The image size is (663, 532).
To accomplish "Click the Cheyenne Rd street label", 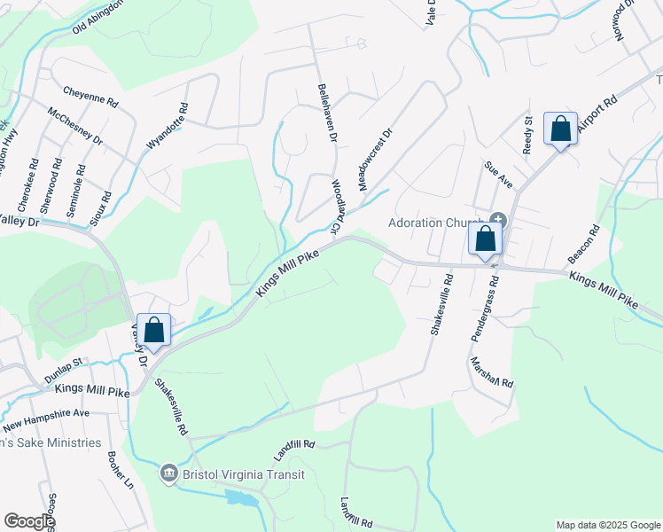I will [x=90, y=97].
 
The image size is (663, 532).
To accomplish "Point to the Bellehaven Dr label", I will [x=327, y=113].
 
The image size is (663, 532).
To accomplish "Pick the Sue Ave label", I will [x=498, y=174].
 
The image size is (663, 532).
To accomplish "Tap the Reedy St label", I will [x=527, y=135].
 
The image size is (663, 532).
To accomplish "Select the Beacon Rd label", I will [x=584, y=243].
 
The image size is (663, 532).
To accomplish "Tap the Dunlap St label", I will [x=62, y=371].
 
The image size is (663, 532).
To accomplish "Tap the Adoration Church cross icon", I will [x=498, y=219].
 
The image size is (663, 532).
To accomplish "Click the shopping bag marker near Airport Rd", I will [x=560, y=129].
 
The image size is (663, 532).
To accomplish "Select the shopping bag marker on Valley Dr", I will [x=153, y=331].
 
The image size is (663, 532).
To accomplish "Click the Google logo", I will [x=29, y=521].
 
